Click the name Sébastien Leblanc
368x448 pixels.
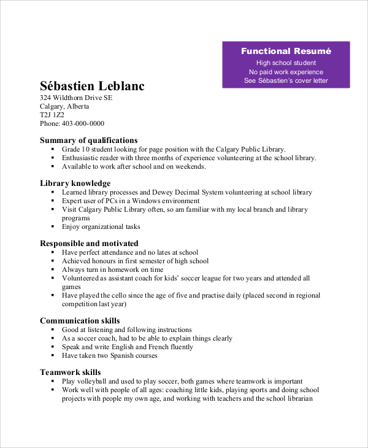tap(92, 86)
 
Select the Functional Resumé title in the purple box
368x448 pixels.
tap(286, 51)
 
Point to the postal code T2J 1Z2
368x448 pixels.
tap(52, 115)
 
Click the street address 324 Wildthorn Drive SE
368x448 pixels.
tap(76, 98)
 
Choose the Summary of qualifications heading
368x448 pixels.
tap(89, 140)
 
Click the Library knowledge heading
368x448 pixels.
tap(75, 183)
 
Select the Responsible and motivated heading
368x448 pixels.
tap(90, 243)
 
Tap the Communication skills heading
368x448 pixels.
tap(80, 320)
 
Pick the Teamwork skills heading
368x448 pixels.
tap(71, 372)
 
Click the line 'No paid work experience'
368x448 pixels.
tap(286, 72)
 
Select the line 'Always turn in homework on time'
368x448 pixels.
tap(113, 269)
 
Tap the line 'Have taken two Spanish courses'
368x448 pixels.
tap(110, 355)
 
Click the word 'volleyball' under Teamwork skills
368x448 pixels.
tap(92, 381)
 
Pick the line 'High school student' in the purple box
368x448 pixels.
tap(286, 63)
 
